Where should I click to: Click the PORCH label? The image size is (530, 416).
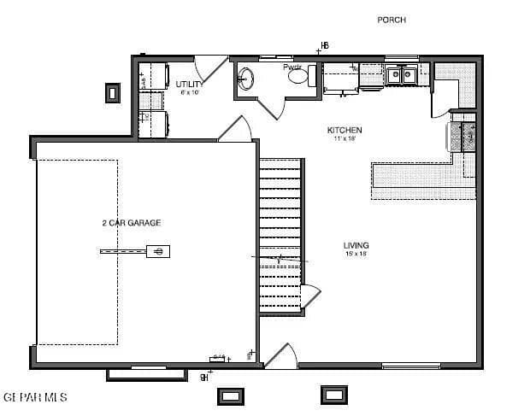[392, 20]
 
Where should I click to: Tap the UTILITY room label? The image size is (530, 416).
[189, 85]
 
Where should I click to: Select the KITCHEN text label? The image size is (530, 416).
[344, 130]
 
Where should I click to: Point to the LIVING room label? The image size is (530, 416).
[356, 245]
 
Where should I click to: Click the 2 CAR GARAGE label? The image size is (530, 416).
[131, 223]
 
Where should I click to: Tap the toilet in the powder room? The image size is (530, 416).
[298, 77]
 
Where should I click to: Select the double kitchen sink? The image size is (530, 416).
[400, 75]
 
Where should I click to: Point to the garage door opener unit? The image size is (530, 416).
[157, 250]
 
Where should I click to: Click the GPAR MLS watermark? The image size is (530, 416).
[35, 398]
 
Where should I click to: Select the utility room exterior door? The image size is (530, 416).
[209, 68]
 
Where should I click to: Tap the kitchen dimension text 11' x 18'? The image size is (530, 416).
[344, 138]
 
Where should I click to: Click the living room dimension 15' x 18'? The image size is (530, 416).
[356, 254]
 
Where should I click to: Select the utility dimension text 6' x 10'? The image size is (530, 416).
[189, 92]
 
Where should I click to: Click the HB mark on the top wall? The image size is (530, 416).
[324, 45]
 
